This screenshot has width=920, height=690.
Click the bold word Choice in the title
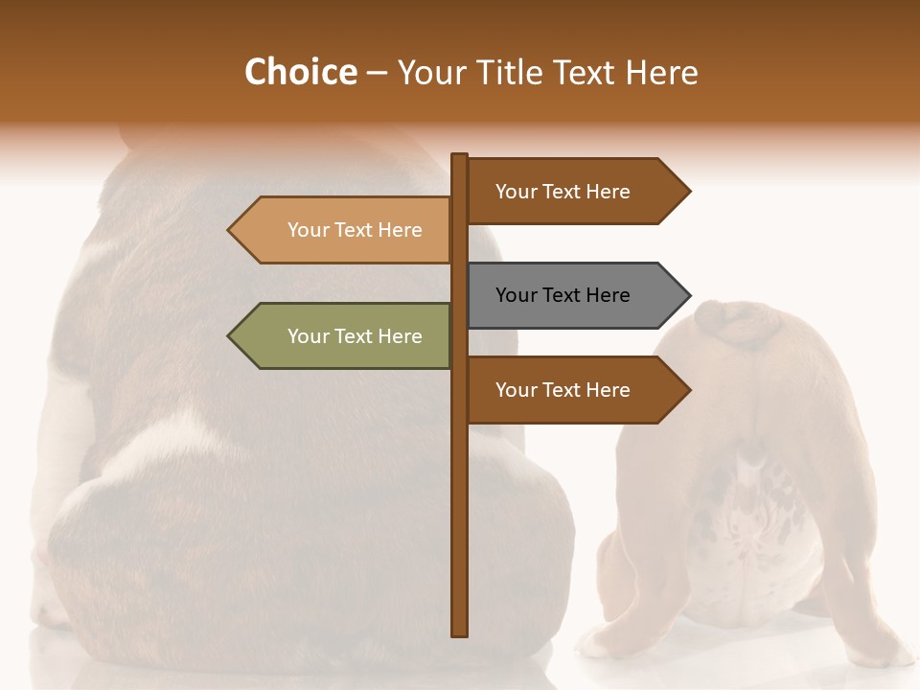click(300, 73)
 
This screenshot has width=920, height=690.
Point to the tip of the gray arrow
click(688, 295)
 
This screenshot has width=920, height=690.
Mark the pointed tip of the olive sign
click(230, 336)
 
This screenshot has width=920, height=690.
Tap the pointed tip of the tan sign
click(230, 230)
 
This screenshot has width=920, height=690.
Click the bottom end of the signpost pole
click(460, 632)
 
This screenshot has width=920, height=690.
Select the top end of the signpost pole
click(460, 156)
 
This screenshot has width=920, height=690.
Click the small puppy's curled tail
click(738, 323)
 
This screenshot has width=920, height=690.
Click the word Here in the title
click(661, 73)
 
